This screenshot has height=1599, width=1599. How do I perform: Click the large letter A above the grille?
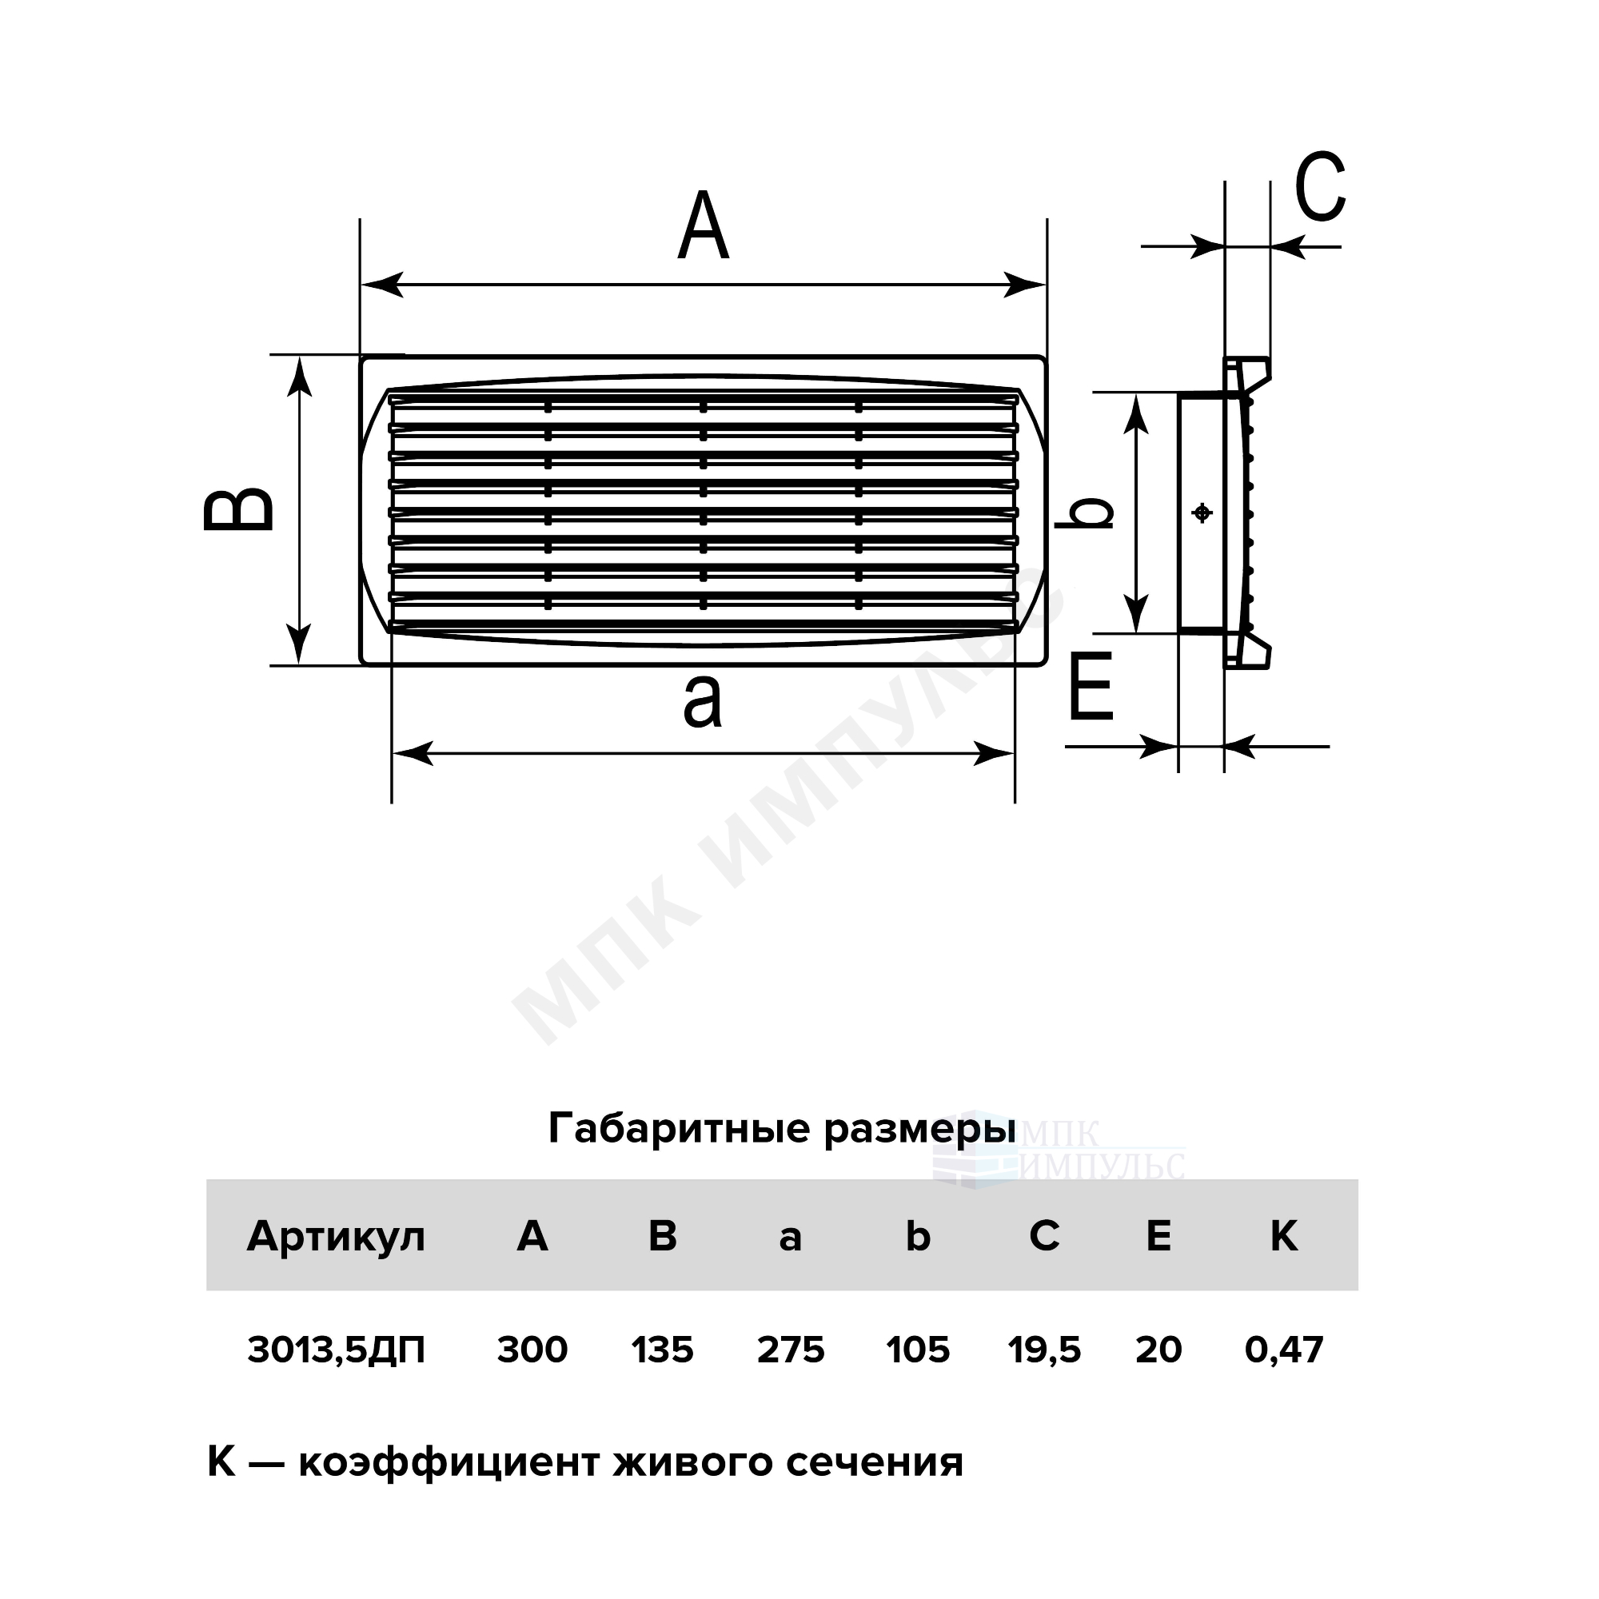pyautogui.click(x=704, y=226)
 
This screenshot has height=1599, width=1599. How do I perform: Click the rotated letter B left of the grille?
pyautogui.click(x=238, y=508)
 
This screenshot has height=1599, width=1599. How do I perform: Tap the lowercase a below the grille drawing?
pyautogui.click(x=702, y=700)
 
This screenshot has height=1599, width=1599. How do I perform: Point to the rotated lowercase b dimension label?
pyautogui.click(x=1084, y=512)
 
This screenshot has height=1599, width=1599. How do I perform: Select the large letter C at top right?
pyautogui.click(x=1320, y=187)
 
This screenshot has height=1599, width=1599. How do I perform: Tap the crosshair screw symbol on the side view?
pyautogui.click(x=1202, y=513)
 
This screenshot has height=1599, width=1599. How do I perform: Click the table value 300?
pyautogui.click(x=532, y=1350)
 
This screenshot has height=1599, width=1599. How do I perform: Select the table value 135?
pyautogui.click(x=662, y=1350)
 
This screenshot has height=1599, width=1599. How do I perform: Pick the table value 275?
pyautogui.click(x=791, y=1350)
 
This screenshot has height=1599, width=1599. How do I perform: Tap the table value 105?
pyautogui.click(x=918, y=1350)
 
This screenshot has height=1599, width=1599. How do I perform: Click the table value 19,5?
pyautogui.click(x=1044, y=1350)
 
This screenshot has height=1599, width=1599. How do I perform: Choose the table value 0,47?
pyautogui.click(x=1285, y=1350)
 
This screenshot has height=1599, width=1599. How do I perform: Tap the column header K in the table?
pyautogui.click(x=1284, y=1237)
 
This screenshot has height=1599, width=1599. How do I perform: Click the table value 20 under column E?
pyautogui.click(x=1158, y=1350)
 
